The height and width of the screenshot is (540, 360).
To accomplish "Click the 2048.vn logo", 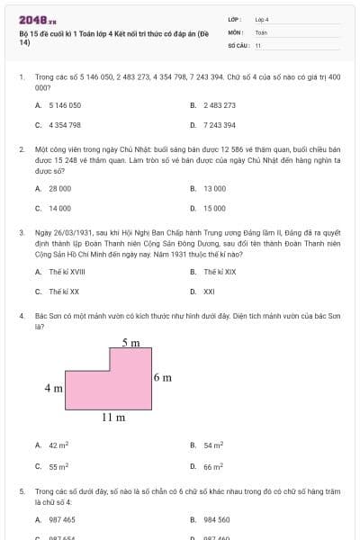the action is click(37, 20).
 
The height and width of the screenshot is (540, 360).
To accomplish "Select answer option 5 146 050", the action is click(65, 105).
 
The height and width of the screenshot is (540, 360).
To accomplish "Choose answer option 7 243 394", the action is click(220, 125).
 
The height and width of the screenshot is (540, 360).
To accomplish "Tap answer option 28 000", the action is click(59, 188).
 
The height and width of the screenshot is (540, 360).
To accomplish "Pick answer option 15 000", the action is click(214, 208).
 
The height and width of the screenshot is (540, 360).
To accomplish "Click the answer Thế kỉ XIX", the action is click(220, 272).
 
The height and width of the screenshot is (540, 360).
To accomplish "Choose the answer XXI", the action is click(209, 292).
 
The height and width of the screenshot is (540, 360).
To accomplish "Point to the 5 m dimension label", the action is click(130, 343).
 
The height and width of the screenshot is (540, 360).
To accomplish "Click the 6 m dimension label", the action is click(162, 377).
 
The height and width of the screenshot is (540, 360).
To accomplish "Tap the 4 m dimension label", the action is click(53, 389).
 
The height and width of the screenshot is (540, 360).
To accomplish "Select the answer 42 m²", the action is click(58, 445).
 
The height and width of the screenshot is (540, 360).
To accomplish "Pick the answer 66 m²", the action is click(213, 467).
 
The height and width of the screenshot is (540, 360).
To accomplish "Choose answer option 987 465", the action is click(62, 520).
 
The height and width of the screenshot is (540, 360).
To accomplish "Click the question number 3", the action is click(21, 231).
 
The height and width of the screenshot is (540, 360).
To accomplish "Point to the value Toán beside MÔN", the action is click(261, 31).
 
